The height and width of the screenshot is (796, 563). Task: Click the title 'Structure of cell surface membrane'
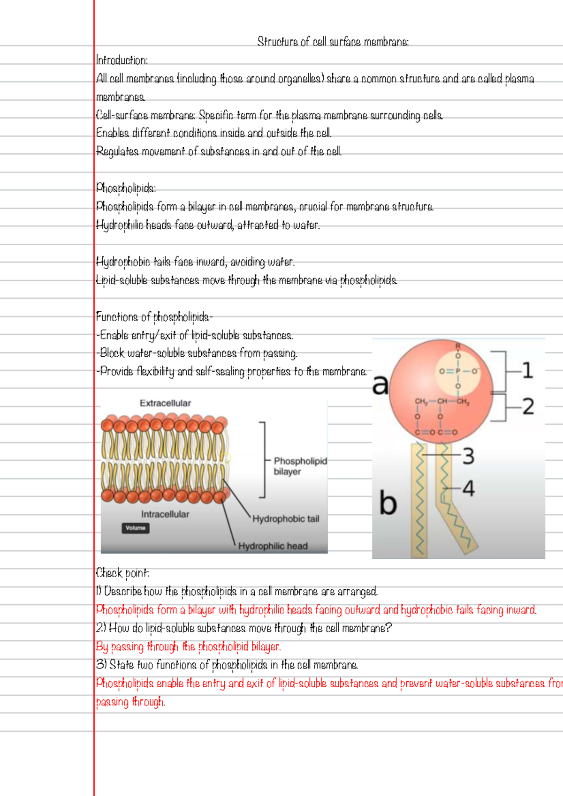[333, 42]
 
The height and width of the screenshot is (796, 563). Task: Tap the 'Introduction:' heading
[122, 60]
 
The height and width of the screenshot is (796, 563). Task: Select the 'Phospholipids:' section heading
[126, 188]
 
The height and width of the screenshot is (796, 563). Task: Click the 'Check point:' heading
[122, 573]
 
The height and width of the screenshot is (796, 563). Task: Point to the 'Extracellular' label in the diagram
[165, 403]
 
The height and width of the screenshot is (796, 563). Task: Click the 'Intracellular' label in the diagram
[165, 514]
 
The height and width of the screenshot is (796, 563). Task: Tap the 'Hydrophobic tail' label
[286, 519]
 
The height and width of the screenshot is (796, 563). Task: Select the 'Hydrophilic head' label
[273, 546]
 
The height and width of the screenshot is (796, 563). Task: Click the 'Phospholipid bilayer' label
[300, 466]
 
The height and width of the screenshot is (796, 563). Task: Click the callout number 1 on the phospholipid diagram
[527, 370]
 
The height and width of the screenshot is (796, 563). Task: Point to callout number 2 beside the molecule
[528, 406]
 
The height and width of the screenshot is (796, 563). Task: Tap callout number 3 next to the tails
[468, 456]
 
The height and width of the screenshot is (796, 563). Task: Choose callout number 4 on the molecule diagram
[468, 489]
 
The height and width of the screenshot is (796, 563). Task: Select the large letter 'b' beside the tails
[388, 503]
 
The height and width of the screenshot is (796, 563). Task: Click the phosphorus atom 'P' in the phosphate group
[458, 371]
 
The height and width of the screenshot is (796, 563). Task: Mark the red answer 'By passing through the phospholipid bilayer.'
[188, 647]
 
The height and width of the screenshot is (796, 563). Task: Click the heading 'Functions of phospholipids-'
[154, 317]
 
